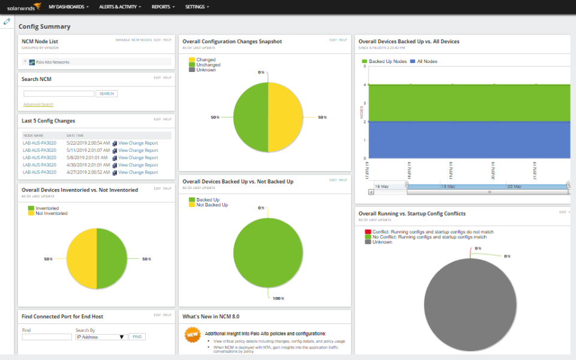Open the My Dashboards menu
[68, 7]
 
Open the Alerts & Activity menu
[120, 7]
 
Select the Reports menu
[163, 7]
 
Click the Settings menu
[197, 7]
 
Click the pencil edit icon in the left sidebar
[7, 22]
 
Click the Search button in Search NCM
[106, 94]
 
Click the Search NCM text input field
[59, 94]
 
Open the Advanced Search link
[38, 104]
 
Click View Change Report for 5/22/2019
[138, 143]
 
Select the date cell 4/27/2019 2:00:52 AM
[88, 172]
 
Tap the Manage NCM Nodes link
[133, 40]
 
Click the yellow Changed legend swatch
[192, 60]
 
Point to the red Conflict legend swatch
[368, 232]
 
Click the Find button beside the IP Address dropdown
[137, 337]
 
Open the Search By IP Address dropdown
[101, 337]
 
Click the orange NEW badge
[191, 334]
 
